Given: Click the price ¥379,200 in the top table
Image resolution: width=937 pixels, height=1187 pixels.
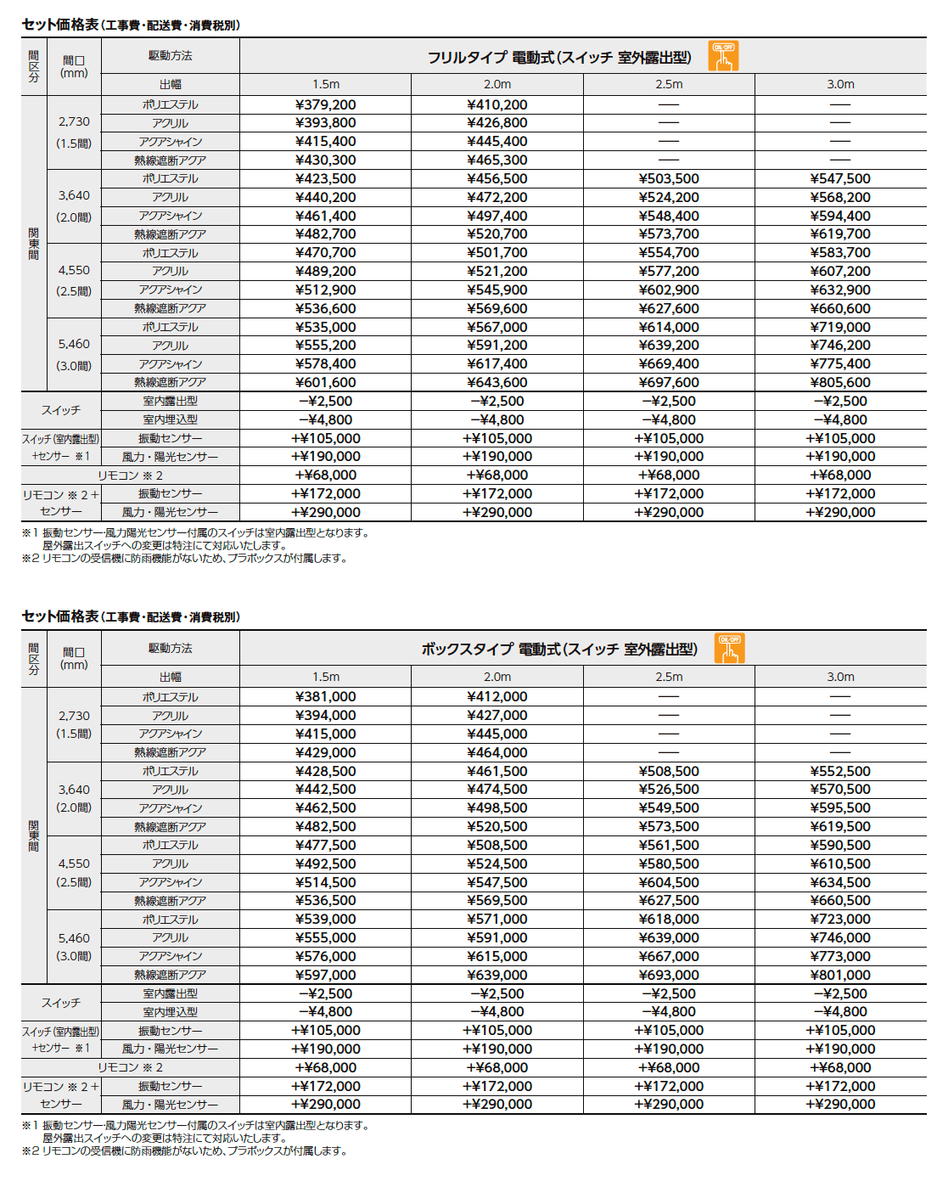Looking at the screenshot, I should tap(325, 104).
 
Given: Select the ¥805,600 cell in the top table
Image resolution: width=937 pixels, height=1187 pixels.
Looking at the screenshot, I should tap(839, 382).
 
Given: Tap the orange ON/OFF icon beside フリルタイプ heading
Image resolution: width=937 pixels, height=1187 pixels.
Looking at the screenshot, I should tap(723, 56).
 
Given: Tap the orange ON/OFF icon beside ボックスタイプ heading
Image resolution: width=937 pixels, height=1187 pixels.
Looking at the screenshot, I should tap(729, 649).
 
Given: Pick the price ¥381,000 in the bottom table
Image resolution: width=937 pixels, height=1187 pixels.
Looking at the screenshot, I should tap(325, 696).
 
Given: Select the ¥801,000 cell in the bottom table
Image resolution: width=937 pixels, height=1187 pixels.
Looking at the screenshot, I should tap(839, 975).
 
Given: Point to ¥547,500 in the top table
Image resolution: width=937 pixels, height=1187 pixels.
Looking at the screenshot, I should tap(839, 178).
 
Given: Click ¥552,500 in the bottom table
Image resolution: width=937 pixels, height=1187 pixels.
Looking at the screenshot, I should tap(839, 771).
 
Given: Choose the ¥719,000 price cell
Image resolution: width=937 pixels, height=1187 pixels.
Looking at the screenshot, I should tap(839, 327).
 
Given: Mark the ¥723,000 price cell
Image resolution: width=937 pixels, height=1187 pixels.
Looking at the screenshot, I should tap(839, 919).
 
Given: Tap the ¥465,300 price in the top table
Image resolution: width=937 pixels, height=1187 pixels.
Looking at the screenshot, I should tap(497, 160).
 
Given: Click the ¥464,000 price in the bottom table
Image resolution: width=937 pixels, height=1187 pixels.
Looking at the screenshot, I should tap(497, 752).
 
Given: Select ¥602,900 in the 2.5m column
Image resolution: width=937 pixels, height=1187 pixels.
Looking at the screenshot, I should tap(668, 290).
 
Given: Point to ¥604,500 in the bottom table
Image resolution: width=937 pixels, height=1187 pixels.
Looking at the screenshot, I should tap(668, 882).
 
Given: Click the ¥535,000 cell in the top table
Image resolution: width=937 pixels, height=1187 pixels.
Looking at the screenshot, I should tap(325, 327).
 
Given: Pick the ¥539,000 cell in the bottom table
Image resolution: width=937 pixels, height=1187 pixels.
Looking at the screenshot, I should tap(325, 919).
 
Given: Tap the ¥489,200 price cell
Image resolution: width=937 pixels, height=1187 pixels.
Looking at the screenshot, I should tap(325, 271).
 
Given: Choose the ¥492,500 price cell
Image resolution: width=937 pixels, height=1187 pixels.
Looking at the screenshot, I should tap(325, 864).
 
